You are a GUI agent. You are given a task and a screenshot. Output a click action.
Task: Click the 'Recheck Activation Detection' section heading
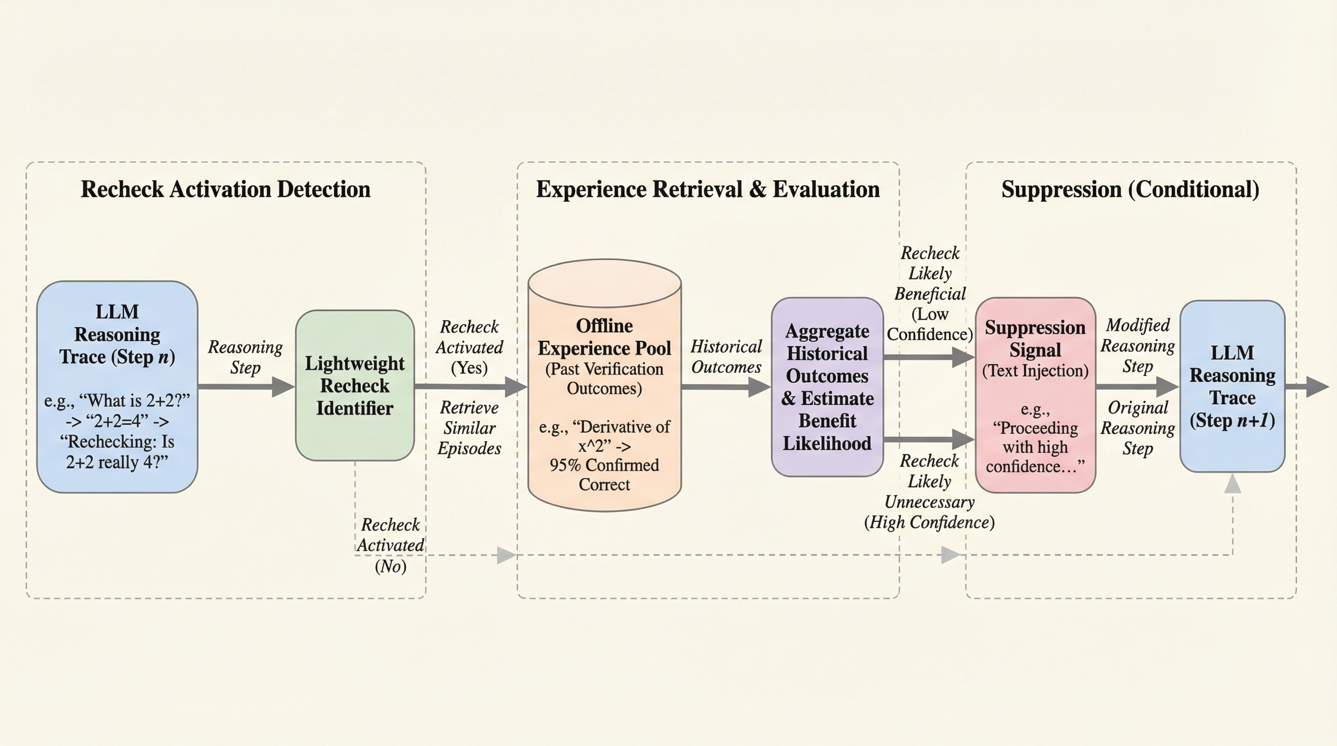pyautogui.click(x=225, y=189)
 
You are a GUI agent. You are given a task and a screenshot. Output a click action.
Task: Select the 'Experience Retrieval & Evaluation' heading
pyautogui.click(x=707, y=189)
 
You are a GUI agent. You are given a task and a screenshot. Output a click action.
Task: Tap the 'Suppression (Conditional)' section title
pyautogui.click(x=1130, y=189)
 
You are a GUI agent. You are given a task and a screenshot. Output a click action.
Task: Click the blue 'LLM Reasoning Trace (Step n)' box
pyautogui.click(x=117, y=387)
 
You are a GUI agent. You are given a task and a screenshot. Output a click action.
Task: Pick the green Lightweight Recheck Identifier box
pyautogui.click(x=355, y=386)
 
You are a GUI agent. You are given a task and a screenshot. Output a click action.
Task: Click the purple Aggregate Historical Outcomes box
pyautogui.click(x=827, y=387)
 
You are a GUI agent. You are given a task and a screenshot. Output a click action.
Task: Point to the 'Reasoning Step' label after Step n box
pyautogui.click(x=245, y=357)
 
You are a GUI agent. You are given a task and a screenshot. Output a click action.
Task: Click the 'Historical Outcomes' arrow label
pyautogui.click(x=726, y=357)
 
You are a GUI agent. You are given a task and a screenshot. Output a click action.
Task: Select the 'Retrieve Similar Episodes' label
pyautogui.click(x=469, y=428)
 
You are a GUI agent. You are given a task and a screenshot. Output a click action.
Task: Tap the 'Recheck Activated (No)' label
pyautogui.click(x=390, y=545)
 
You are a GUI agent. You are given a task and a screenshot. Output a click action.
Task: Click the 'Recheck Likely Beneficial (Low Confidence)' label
pyautogui.click(x=929, y=294)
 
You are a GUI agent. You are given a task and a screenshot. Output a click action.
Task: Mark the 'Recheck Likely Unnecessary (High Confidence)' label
pyautogui.click(x=929, y=492)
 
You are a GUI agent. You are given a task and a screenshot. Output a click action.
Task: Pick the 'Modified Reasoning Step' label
pyautogui.click(x=1137, y=345)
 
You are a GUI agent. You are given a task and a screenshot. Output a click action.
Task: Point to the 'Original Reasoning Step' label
pyautogui.click(x=1137, y=428)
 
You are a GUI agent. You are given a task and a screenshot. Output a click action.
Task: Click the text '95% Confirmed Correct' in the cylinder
pyautogui.click(x=604, y=475)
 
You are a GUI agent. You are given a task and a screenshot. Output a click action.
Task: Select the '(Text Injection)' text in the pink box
pyautogui.click(x=1035, y=371)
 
